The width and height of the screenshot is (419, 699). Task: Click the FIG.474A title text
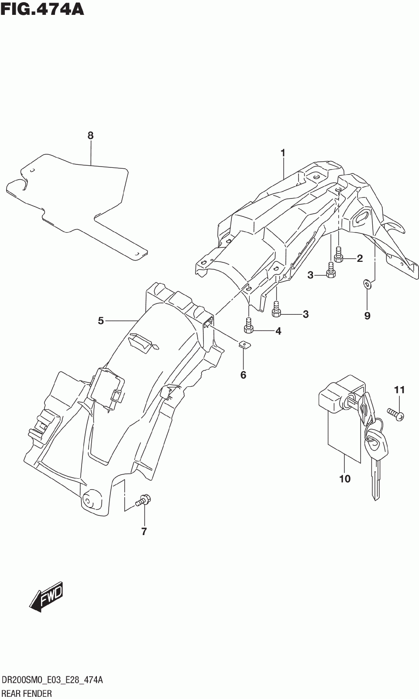click(42, 9)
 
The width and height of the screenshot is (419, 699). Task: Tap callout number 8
click(90, 136)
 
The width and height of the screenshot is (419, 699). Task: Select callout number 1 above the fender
click(283, 153)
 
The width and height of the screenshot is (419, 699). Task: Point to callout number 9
click(367, 315)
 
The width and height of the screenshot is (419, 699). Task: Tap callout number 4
click(278, 331)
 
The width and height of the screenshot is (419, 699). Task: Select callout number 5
click(101, 321)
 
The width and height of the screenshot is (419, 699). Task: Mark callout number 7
click(144, 532)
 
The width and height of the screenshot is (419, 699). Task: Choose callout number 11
click(399, 389)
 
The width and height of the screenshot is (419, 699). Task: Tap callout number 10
click(345, 479)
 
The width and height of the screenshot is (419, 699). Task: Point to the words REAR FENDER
click(27, 693)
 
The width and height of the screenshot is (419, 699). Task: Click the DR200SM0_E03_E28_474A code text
click(52, 680)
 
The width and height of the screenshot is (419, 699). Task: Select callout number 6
click(243, 375)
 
